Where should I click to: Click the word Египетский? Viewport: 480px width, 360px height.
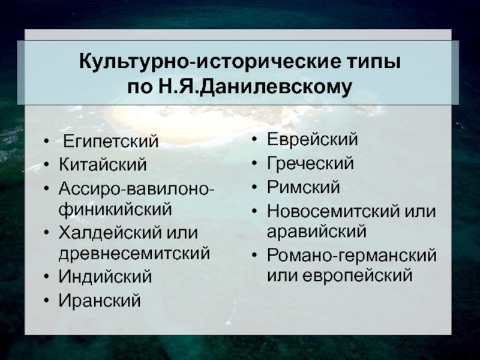[111, 141]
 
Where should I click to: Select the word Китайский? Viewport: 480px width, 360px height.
[103, 164]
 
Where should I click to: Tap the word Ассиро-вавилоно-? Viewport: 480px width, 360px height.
[137, 188]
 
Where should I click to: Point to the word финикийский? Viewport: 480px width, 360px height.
[115, 209]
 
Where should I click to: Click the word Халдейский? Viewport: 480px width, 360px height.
[110, 233]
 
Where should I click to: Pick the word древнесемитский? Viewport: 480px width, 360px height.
[134, 254]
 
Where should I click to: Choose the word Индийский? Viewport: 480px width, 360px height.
[106, 277]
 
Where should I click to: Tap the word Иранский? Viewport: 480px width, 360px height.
[100, 300]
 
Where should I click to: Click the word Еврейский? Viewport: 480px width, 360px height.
[313, 140]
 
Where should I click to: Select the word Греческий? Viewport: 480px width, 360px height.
[310, 163]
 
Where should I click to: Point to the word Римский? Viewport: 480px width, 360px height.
[304, 187]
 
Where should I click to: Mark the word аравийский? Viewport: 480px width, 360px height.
[317, 231]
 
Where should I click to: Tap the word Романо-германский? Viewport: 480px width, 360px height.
[352, 255]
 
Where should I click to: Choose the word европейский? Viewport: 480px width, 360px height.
[358, 275]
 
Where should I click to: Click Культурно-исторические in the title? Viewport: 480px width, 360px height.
[209, 62]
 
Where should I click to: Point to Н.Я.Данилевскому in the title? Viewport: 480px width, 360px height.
[254, 86]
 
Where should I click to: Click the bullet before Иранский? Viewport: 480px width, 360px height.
[46, 301]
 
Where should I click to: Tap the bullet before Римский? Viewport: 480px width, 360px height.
[254, 187]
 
